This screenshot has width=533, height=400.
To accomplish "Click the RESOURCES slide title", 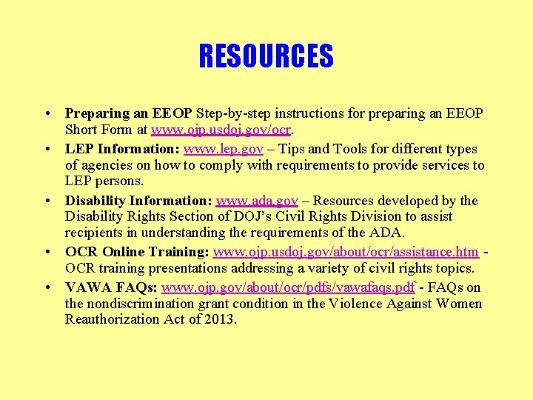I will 266,56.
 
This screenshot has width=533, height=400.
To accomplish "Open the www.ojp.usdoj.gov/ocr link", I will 222,130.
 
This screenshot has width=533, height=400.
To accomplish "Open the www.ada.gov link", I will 257,201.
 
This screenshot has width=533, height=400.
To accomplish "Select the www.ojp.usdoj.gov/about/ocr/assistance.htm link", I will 346,253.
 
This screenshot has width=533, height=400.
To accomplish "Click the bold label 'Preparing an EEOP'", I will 128,113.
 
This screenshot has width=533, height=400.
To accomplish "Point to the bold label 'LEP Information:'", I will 123,149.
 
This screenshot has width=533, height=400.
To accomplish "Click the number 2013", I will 219,319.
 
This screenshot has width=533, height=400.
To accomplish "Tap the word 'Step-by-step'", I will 232,113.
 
